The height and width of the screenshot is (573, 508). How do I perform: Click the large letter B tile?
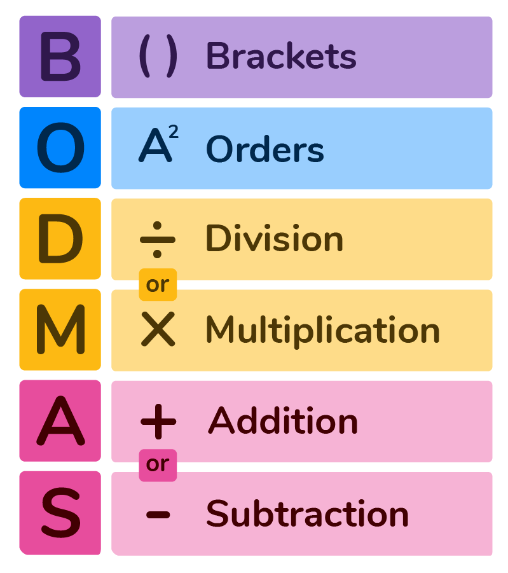click(60, 56)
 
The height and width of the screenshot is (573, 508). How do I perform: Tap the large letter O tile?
click(60, 148)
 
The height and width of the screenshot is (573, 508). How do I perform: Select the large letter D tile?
click(60, 238)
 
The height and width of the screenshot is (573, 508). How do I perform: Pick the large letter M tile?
click(60, 329)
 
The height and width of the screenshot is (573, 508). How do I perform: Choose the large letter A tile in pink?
click(60, 420)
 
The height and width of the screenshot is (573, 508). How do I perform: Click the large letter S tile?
click(60, 513)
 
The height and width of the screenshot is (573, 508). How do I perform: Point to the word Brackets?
click(281, 56)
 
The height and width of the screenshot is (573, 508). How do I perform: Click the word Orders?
click(265, 149)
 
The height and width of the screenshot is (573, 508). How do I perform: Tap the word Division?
click(275, 238)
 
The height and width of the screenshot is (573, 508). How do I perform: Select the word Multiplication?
click(323, 330)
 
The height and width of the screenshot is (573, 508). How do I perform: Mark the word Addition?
click(283, 420)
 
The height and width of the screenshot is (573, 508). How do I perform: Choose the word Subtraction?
click(307, 513)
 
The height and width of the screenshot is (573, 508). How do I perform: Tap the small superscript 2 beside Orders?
click(174, 132)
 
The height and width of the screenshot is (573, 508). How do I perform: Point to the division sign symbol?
click(158, 240)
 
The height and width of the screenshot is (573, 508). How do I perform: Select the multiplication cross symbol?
click(158, 329)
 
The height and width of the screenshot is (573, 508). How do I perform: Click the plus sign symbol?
click(158, 422)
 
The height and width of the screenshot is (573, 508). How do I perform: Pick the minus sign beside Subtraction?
click(158, 514)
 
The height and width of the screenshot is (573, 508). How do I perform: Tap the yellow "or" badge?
click(158, 285)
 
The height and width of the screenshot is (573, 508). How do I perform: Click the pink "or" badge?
click(158, 465)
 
